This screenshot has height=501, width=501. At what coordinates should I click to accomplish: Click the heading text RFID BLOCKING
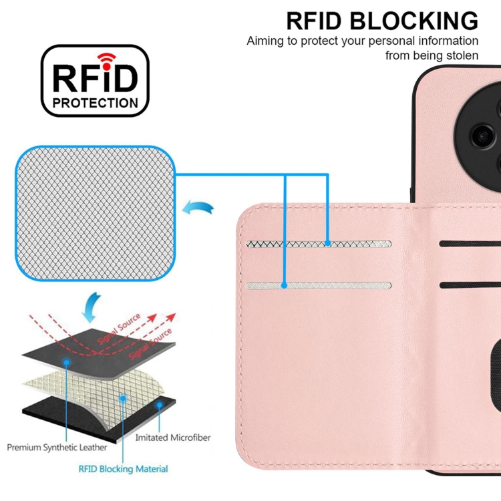(x=382, y=21)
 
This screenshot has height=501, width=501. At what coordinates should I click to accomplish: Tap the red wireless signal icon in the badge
(x=105, y=58)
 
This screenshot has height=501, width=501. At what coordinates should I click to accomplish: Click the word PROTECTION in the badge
(x=96, y=103)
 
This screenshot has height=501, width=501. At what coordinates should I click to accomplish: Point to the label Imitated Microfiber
(x=172, y=438)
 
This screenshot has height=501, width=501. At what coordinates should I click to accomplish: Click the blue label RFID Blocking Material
(x=124, y=469)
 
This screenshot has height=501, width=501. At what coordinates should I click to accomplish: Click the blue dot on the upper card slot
(x=328, y=244)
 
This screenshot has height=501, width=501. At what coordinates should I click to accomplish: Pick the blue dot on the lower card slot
(x=285, y=285)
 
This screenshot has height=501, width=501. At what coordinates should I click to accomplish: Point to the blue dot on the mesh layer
(x=123, y=397)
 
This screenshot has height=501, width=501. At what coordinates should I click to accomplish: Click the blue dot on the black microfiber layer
(x=159, y=404)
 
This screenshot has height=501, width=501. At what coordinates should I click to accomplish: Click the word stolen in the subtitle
(x=462, y=55)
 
